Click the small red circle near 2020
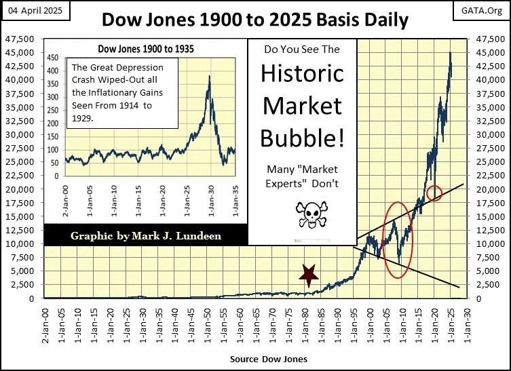click(x=435, y=193)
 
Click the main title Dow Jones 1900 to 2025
click(x=254, y=20)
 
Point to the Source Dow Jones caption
click(x=269, y=358)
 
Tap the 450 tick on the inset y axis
click(x=52, y=58)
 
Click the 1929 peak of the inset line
click(x=209, y=76)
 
